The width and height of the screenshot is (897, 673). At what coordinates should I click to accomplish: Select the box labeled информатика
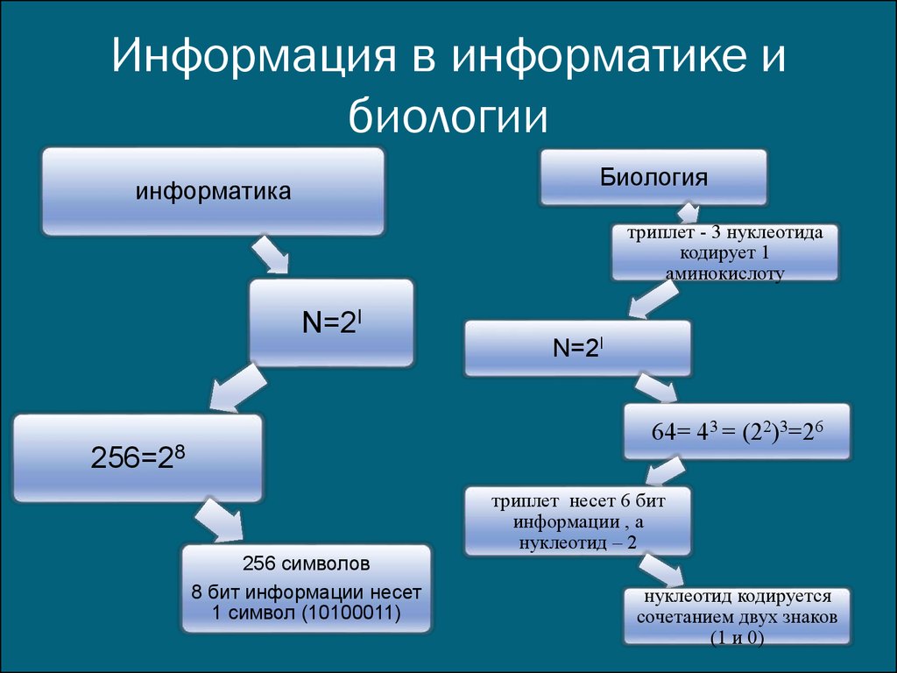[213, 191]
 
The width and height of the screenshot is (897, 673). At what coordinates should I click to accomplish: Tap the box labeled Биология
[653, 177]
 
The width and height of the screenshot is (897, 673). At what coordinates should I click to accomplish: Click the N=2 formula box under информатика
[331, 322]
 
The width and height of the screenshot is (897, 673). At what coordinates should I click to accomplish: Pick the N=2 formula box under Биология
[578, 348]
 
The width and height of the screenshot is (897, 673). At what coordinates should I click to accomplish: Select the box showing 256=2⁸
[138, 457]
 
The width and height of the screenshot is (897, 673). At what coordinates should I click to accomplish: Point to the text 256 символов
[306, 563]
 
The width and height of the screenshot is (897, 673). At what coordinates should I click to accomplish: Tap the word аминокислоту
[724, 273]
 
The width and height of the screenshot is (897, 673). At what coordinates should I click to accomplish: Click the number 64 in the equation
[664, 432]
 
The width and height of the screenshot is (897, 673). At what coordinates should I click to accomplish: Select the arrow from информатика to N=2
[270, 256]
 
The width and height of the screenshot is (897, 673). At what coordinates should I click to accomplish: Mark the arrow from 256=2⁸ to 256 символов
[218, 521]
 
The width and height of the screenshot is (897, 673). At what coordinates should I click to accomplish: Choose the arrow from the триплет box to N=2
[653, 299]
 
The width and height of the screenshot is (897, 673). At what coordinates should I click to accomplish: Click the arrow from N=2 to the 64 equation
[656, 388]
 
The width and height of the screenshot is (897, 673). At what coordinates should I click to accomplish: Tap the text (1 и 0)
[737, 638]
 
